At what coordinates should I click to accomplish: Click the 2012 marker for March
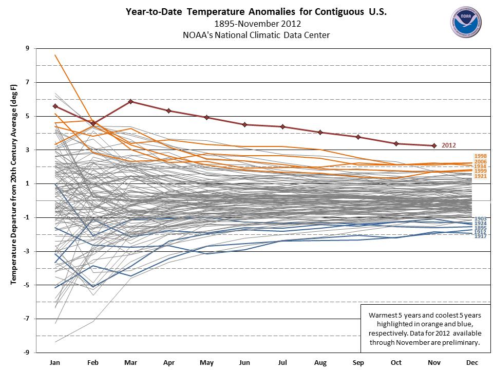[x=130, y=102]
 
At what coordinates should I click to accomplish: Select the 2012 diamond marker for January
[x=55, y=106]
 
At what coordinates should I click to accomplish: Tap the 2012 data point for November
[x=434, y=145]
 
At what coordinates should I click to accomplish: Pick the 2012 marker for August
[x=320, y=132]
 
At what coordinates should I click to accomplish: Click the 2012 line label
[x=448, y=145]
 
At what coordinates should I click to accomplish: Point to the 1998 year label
[x=481, y=156]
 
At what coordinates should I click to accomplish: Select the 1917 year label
[x=481, y=236]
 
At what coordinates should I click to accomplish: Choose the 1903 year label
[x=481, y=219]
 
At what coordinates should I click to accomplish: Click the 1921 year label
[x=481, y=177]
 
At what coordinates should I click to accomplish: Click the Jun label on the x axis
[x=244, y=363]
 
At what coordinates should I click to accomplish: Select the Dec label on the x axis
[x=472, y=363]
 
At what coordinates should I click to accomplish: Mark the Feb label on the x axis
[x=93, y=363]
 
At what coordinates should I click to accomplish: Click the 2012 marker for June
[x=244, y=124]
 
